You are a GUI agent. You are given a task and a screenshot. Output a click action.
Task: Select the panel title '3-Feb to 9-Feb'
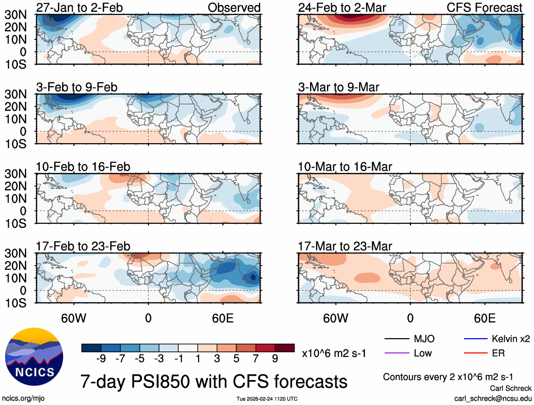point(77,87)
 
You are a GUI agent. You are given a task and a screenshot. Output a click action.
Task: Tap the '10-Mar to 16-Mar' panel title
point(345,167)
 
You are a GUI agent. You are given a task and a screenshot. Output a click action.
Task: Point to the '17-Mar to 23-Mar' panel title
point(345,246)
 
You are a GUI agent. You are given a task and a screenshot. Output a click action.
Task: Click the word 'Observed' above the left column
point(234,8)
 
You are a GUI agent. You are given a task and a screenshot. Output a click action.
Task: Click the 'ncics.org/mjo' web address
point(22,398)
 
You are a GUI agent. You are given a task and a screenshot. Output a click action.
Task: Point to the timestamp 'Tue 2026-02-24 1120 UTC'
point(267,399)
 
